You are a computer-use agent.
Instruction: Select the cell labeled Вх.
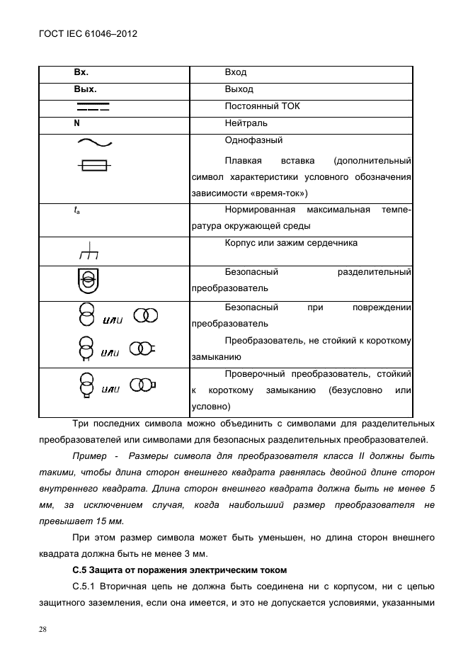(81, 73)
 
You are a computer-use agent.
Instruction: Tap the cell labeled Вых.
(84, 90)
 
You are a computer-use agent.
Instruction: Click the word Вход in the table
(235, 73)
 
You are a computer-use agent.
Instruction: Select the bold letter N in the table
(76, 123)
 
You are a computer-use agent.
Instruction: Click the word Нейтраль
(244, 123)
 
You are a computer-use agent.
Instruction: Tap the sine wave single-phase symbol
(93, 142)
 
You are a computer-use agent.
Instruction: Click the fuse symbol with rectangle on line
(93, 166)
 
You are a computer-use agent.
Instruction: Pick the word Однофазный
(253, 140)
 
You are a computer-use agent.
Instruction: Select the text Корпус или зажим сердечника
(290, 243)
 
